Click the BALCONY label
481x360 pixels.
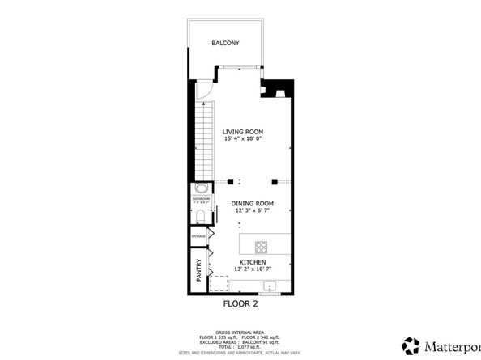point(225,44)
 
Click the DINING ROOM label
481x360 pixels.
point(253,203)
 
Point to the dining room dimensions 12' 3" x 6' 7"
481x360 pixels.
point(253,210)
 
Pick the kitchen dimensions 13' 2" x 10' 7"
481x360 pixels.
point(252,269)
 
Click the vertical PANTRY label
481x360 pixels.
point(199,269)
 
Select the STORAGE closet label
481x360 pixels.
point(198,235)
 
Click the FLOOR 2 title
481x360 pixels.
point(240,305)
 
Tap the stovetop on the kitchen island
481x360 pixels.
point(262,246)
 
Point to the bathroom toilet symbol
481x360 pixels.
point(200,215)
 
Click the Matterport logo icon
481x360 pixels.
point(412,345)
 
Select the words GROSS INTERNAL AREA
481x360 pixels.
point(240,332)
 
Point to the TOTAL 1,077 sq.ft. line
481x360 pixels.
point(240,345)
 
